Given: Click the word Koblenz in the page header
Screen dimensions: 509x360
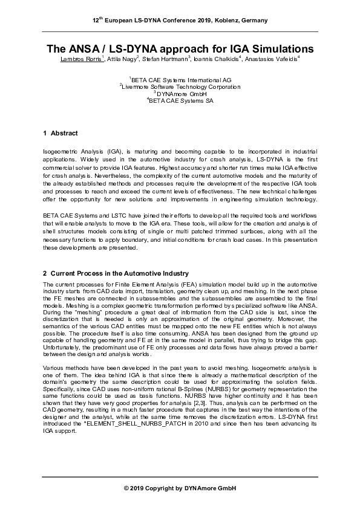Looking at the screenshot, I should click(221, 20).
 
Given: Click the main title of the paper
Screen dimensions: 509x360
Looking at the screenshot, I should click(180, 48).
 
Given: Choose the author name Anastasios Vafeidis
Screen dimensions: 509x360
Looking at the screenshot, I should click(271, 59).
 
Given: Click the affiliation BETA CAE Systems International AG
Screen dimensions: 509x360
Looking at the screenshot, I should click(180, 80).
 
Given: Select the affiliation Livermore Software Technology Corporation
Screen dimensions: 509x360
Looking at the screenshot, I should click(180, 86).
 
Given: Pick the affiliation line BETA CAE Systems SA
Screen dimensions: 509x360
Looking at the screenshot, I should click(180, 101).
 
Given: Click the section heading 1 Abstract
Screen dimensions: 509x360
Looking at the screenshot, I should click(61, 132).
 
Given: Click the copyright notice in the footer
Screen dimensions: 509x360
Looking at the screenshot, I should click(180, 487).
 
